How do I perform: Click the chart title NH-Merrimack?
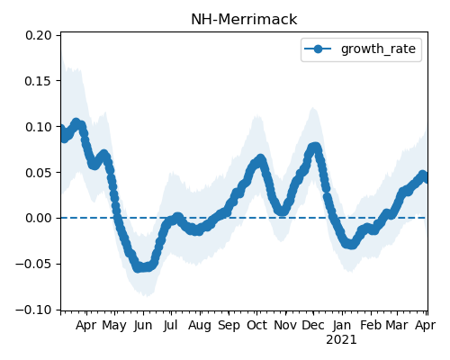pos(244,20)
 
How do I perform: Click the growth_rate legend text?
pos(378,49)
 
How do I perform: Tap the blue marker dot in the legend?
pos(318,49)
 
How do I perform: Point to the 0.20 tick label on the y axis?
pos(39,35)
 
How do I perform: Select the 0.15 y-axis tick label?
pos(39,81)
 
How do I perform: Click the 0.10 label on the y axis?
pos(39,127)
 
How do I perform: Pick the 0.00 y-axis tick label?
pos(39,218)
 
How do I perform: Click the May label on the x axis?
pos(114,326)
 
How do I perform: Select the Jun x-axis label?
pos(143,325)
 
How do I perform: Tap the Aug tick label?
pos(200,326)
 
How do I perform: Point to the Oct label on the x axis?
pos(256,325)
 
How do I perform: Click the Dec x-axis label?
pos(313,325)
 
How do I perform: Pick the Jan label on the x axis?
pos(342,325)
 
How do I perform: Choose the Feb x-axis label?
pos(371,325)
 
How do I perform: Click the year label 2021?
pos(342,340)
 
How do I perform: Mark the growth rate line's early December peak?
pos(314,147)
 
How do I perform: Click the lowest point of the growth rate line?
pos(138,267)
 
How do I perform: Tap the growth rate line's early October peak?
pos(260,158)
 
